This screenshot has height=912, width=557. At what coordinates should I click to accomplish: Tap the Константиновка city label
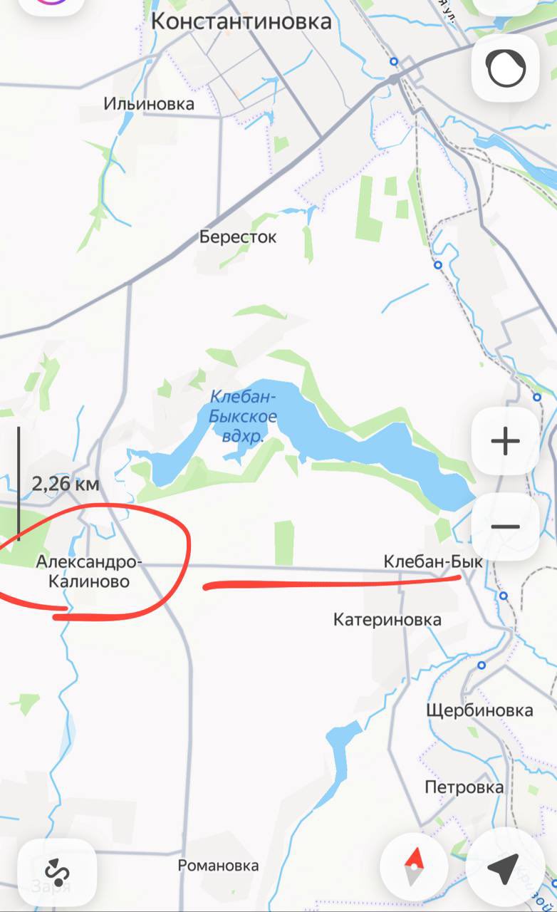point(241,21)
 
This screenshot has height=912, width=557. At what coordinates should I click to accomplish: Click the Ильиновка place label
point(149,104)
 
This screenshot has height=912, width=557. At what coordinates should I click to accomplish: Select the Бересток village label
point(238,237)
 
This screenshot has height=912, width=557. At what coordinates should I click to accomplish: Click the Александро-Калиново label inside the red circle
point(89,572)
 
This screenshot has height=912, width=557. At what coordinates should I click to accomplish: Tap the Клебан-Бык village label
point(432,562)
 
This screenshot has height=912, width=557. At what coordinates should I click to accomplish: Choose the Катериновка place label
point(387,620)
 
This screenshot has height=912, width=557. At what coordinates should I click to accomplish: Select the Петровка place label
point(464,787)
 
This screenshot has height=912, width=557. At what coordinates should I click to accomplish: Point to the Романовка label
point(218,866)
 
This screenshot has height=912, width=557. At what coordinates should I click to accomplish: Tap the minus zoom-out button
point(506,527)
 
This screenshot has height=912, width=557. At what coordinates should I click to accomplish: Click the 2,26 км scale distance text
point(66,484)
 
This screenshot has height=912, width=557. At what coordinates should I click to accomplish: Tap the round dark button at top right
point(506,69)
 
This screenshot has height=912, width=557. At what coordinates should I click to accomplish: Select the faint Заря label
point(51,886)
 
